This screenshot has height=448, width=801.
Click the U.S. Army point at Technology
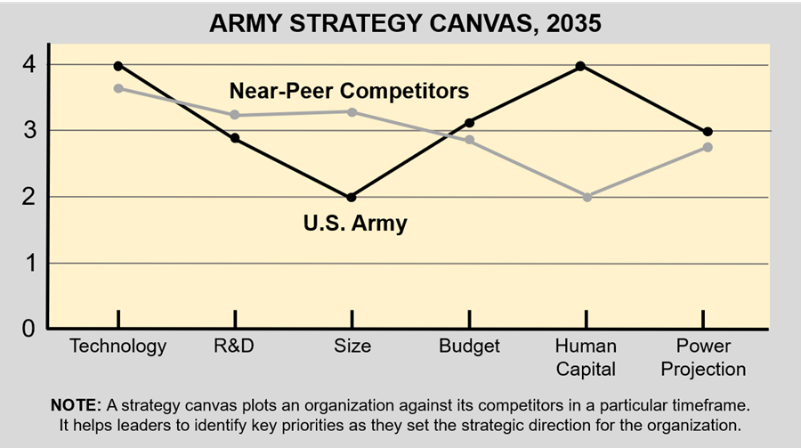pyautogui.click(x=117, y=66)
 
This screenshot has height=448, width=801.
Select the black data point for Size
pyautogui.click(x=351, y=197)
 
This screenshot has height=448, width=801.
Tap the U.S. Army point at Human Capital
pyautogui.click(x=580, y=66)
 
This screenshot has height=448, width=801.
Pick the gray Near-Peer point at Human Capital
pyautogui.click(x=587, y=197)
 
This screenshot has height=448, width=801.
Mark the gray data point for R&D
pyautogui.click(x=234, y=115)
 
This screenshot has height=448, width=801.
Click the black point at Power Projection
pyautogui.click(x=708, y=132)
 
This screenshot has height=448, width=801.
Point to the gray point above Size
pyautogui.click(x=351, y=112)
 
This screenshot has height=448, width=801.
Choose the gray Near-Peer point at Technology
pyautogui.click(x=117, y=88)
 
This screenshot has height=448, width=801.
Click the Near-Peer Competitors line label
pyautogui.click(x=349, y=91)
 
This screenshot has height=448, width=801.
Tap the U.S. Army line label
pyautogui.click(x=355, y=223)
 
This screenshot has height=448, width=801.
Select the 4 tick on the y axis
pyautogui.click(x=29, y=65)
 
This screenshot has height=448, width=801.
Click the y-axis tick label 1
pyautogui.click(x=29, y=263)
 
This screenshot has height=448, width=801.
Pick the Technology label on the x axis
pyautogui.click(x=117, y=346)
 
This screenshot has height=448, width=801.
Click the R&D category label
pyautogui.click(x=235, y=346)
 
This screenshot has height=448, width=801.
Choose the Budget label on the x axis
pyautogui.click(x=469, y=346)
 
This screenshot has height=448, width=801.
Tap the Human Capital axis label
pyautogui.click(x=586, y=357)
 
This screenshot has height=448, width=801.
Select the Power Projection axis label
pyautogui.click(x=704, y=357)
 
